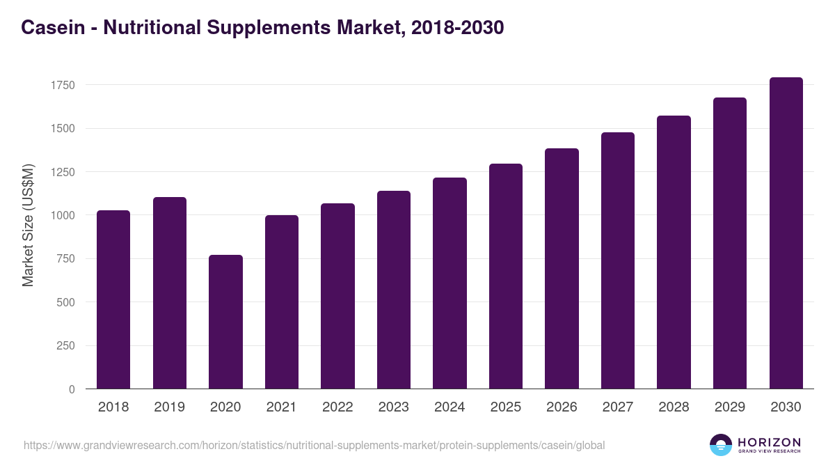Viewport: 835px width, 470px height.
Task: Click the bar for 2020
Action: (225, 322)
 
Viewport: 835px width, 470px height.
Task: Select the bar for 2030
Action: (786, 233)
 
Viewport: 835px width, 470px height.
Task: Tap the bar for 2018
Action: (113, 299)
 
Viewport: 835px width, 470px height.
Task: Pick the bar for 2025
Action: (506, 276)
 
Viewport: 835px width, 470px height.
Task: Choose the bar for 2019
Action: (170, 293)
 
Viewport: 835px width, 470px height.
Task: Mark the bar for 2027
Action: (618, 260)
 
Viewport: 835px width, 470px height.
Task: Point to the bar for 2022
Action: (337, 296)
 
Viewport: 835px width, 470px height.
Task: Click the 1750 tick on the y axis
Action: (63, 85)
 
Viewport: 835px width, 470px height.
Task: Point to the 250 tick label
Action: (66, 346)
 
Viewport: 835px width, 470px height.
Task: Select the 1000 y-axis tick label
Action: (63, 215)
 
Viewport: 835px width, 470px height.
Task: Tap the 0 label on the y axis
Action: (72, 389)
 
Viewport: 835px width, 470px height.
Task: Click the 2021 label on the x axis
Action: (282, 407)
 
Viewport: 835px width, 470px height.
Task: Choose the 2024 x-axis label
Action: (450, 407)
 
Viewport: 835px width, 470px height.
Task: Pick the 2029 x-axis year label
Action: (730, 407)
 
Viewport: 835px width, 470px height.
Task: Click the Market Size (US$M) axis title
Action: (28, 226)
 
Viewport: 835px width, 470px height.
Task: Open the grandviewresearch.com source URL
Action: (314, 445)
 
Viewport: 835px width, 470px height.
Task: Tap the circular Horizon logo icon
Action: (721, 445)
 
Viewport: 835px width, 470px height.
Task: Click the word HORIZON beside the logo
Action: (769, 442)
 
